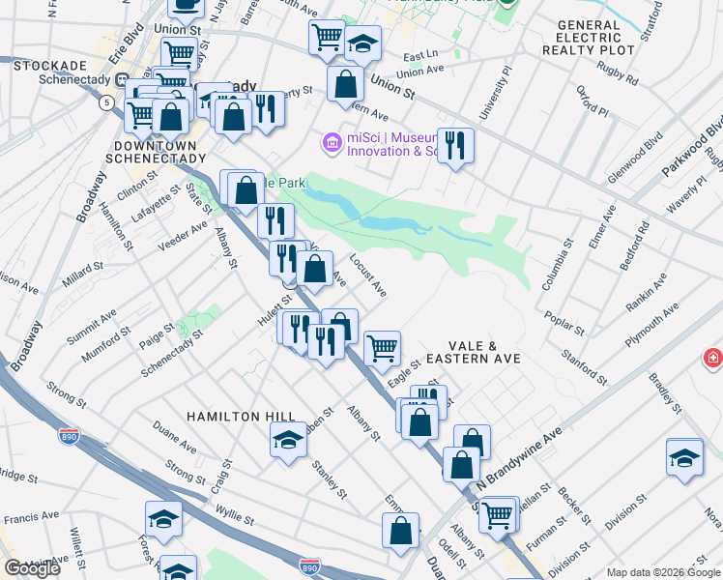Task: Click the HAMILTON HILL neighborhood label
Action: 241,416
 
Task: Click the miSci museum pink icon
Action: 333,144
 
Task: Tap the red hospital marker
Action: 713,359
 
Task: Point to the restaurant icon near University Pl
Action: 455,146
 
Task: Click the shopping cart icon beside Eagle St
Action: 382,347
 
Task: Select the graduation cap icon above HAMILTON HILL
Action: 287,442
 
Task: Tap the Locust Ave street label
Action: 368,275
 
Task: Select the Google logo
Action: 33,568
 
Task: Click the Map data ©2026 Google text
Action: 663,572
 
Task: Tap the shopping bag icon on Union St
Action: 345,84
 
